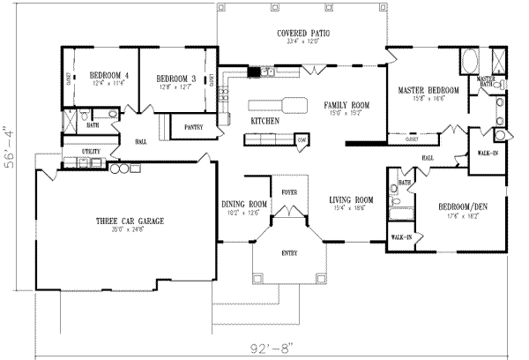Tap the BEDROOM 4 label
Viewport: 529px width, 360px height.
[x=109, y=76]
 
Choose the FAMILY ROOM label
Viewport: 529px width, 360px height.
[x=346, y=104]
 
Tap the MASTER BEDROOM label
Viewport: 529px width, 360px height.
[x=428, y=90]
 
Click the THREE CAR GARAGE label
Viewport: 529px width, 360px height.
[x=130, y=221]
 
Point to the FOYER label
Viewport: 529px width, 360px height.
[x=289, y=191]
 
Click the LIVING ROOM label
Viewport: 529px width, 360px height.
[x=350, y=199]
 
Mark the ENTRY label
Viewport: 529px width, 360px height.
[x=289, y=252]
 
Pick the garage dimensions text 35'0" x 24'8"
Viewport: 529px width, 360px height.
[x=130, y=230]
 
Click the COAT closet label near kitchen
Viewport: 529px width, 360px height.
[x=302, y=139]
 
